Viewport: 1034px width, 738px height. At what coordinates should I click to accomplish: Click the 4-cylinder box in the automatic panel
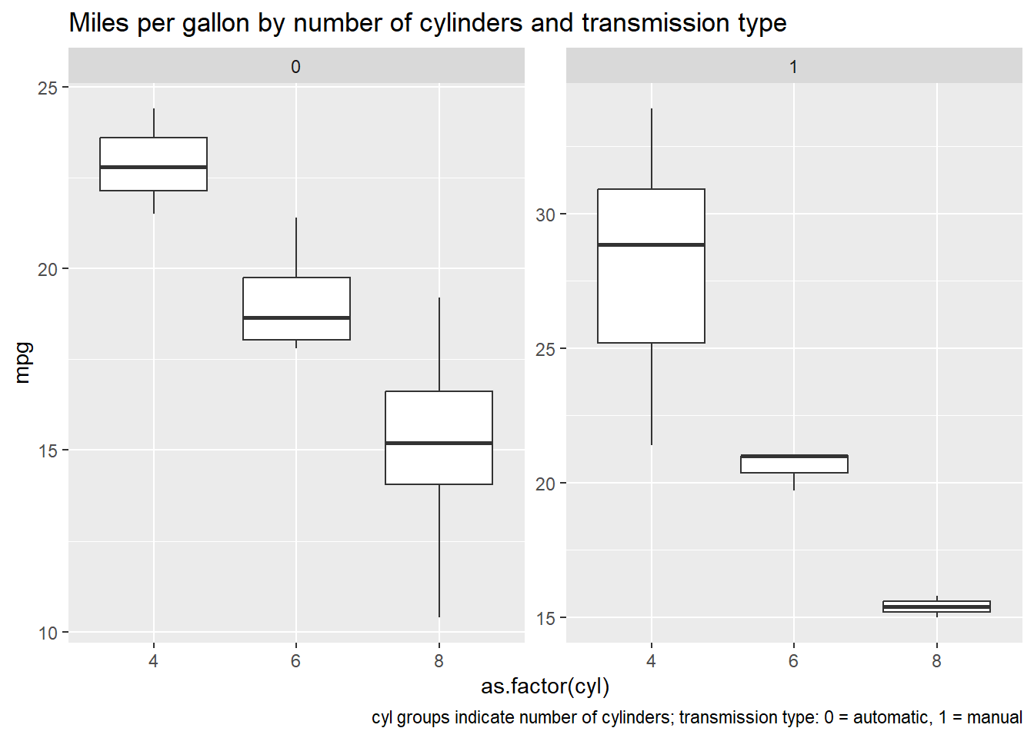pos(153,154)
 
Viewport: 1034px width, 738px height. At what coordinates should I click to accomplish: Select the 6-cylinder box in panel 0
pos(296,300)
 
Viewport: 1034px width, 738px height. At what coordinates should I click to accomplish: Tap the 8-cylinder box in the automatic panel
pos(439,419)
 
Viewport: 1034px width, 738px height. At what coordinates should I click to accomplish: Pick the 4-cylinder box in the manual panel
pos(651,292)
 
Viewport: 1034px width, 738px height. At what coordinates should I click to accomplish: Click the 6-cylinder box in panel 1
pos(794,465)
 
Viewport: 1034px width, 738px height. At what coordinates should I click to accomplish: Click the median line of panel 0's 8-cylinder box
pos(439,443)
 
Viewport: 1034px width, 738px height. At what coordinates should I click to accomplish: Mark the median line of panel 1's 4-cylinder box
pos(651,244)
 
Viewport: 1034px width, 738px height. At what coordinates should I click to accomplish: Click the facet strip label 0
pos(295,67)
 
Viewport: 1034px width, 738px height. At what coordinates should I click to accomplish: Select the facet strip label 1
pos(793,67)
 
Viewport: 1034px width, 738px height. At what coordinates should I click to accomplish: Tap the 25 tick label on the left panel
pos(48,88)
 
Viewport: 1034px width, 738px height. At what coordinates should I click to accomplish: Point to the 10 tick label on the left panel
pos(48,633)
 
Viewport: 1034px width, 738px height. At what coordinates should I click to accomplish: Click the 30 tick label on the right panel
pos(545,214)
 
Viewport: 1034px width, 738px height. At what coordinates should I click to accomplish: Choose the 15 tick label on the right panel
pos(545,618)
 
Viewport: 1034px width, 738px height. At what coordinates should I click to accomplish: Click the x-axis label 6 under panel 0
pos(296,661)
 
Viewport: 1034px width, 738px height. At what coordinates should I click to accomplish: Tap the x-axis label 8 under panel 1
pos(936,661)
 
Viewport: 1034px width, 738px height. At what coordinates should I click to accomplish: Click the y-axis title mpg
pos(23,362)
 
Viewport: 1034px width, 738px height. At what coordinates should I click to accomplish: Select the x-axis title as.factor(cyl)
pos(545,686)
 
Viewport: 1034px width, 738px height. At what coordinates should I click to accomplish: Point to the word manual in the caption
pos(994,717)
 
